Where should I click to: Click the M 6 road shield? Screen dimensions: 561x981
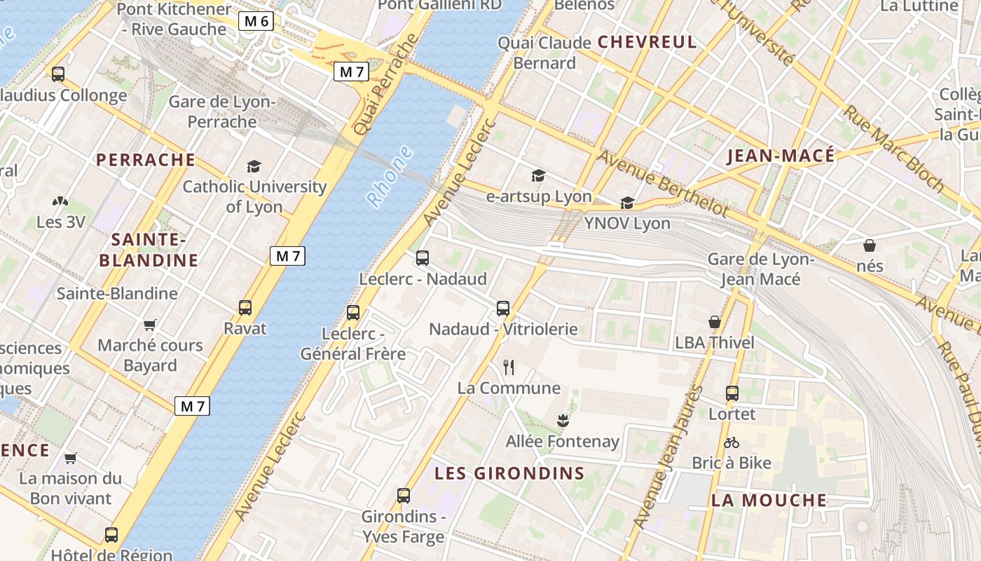pos(256,21)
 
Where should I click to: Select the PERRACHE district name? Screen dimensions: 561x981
pos(146,160)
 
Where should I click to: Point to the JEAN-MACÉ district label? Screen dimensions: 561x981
pos(781,156)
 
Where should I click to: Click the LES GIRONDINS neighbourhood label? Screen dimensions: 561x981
pos(509,473)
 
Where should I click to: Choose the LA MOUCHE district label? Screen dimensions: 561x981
pos(769,501)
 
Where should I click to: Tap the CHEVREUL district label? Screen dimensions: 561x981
pos(647,42)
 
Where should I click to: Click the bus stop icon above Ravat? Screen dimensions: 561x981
pos(245,307)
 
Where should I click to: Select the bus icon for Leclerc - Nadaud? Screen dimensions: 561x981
pos(423,257)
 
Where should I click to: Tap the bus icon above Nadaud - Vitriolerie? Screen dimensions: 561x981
pos(502,308)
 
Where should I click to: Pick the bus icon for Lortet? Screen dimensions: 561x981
pos(732,393)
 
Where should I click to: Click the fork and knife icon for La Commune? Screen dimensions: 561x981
pos(509,367)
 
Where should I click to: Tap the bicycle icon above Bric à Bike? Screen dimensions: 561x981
pos(732,442)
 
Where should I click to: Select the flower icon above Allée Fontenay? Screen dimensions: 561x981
pos(562,421)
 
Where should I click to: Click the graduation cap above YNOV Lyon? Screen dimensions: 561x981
pos(627,203)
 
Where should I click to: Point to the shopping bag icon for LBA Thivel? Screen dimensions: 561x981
pos(715,322)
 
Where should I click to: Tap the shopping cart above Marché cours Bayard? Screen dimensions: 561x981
pos(149,325)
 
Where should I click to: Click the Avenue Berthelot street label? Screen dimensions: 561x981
pos(662,183)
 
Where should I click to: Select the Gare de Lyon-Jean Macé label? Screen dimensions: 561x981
pos(761,269)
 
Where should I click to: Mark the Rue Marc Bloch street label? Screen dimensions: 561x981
pos(894,149)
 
